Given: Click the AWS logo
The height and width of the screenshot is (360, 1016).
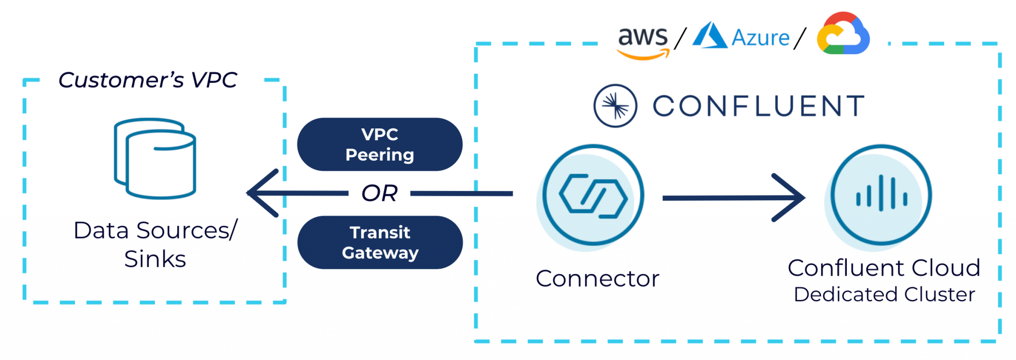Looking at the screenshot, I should point(642,42).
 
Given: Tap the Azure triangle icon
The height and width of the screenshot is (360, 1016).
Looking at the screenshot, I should point(709,36).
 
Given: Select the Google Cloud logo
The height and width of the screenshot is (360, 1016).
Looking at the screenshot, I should point(842,34).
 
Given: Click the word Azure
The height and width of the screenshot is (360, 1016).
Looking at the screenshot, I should point(761,38).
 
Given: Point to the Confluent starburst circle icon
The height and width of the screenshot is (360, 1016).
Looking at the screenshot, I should point(615,106).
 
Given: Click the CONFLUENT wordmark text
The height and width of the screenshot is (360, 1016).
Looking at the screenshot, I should point(759,106).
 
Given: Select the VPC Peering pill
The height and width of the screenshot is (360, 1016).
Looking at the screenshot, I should point(380,144).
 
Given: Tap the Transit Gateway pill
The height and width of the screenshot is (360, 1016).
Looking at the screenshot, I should point(380,242).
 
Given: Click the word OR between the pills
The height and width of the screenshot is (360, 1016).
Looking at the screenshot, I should point(380,193).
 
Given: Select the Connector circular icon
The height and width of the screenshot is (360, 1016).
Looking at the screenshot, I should point(593,195).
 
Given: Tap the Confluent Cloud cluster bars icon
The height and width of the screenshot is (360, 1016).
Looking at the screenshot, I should point(881,195).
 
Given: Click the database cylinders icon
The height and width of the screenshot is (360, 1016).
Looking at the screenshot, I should point(155,159).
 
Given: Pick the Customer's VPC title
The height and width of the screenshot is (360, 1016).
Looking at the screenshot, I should point(147,80).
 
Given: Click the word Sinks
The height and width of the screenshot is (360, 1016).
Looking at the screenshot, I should point(155,259).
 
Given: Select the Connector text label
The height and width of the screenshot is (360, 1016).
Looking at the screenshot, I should point(597,279).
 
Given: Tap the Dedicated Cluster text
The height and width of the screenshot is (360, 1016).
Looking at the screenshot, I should point(884,295).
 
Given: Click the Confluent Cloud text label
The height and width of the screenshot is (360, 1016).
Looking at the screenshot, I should point(884,268).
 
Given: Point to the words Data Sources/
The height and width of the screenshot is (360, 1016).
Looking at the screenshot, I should point(155,231).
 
